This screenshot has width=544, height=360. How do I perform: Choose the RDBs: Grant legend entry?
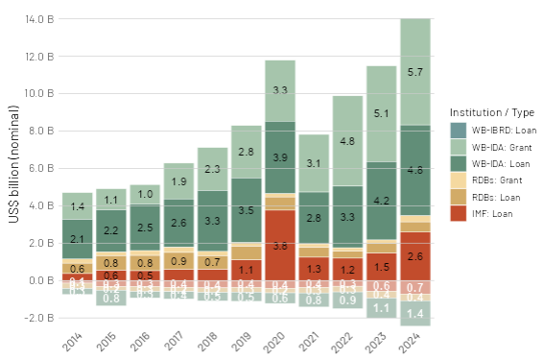(489, 180)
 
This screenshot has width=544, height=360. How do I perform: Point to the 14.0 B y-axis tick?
(35, 19)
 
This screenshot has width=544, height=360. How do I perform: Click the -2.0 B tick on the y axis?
(35, 318)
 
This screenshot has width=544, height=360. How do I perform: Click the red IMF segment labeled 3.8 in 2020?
(280, 245)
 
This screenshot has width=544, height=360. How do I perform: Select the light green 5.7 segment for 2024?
(415, 72)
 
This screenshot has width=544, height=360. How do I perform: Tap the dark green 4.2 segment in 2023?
(380, 201)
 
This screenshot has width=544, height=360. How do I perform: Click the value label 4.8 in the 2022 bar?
(346, 140)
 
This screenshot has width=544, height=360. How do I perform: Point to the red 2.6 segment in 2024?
(415, 255)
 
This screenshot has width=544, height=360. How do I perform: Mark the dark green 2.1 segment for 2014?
(78, 238)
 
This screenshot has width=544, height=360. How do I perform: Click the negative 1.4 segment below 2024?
(415, 313)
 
